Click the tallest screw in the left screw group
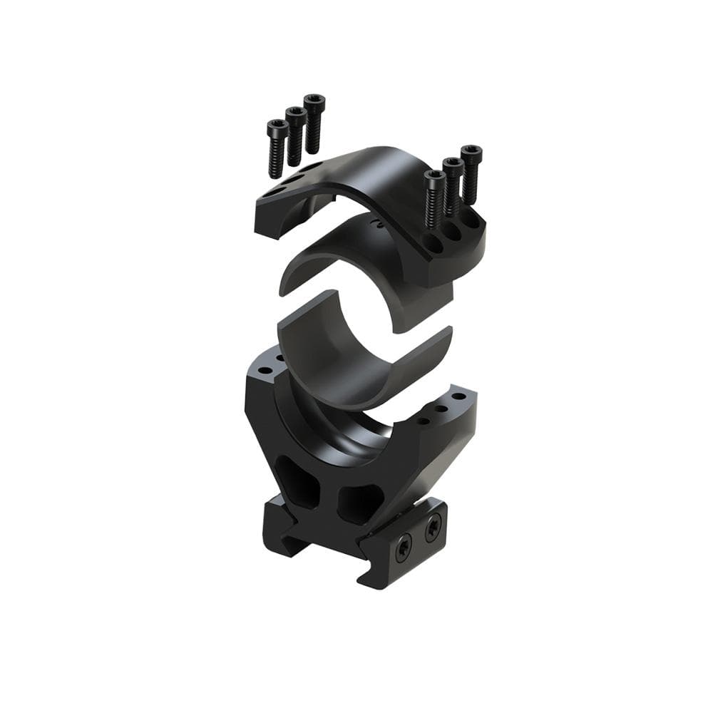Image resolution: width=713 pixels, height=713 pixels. tap(314, 125)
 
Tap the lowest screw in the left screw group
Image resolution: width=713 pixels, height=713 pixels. tap(277, 148)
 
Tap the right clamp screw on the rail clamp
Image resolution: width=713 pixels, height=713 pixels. tap(433, 528)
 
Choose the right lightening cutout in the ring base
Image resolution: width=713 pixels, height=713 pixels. tap(360, 502)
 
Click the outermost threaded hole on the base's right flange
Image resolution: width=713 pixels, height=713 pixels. tap(458, 396)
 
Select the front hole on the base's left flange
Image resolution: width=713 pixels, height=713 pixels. tap(265, 371)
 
